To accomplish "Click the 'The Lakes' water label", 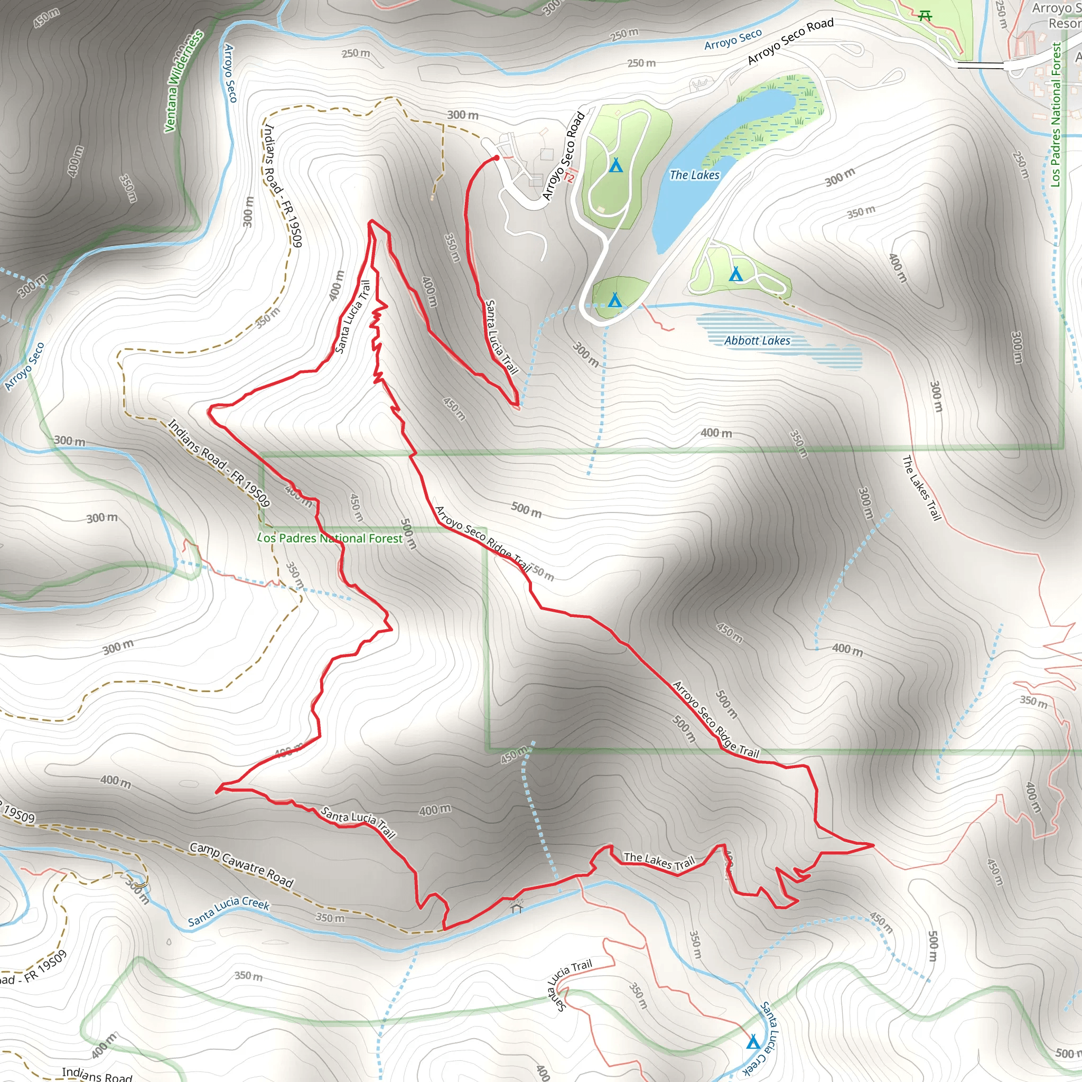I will (x=694, y=175).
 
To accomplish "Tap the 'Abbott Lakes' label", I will (x=757, y=341).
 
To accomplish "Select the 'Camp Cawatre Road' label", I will (x=241, y=865).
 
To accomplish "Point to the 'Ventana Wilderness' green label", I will (x=183, y=81).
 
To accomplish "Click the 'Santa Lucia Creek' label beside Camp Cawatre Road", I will (x=228, y=911).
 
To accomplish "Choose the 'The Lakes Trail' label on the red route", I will (x=659, y=861).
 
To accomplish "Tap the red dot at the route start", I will (x=496, y=158).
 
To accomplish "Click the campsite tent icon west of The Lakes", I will (x=616, y=165).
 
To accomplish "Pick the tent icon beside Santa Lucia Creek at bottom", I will (x=753, y=1042).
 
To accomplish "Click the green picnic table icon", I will (x=925, y=16).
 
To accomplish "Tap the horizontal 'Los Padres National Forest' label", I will (x=330, y=538).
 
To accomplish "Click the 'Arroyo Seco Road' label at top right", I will (x=790, y=41).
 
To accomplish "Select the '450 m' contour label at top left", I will (x=46, y=18).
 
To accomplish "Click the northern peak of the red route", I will (x=371, y=222).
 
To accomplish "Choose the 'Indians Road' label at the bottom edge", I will (x=96, y=1073).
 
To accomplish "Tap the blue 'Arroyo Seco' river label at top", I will (x=733, y=39).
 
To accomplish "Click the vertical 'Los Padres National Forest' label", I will (x=1056, y=115).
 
